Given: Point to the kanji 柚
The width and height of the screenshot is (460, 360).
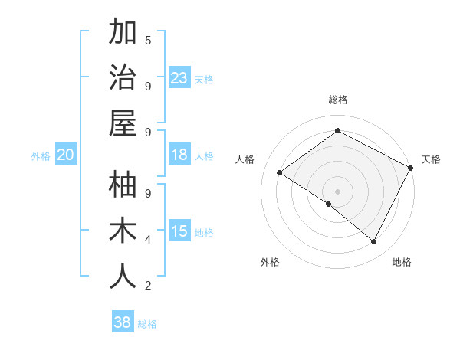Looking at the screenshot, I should click(123, 185).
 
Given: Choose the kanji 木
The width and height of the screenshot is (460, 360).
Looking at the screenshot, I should click(123, 231).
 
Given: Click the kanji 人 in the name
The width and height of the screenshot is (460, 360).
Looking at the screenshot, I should click(123, 277).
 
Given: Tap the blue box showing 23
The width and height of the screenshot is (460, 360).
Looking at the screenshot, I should click(179, 77).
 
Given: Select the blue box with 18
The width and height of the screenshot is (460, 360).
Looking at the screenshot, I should click(179, 155).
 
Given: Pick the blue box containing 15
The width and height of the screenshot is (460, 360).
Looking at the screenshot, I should click(179, 232).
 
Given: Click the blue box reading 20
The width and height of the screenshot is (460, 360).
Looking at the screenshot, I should click(65, 155).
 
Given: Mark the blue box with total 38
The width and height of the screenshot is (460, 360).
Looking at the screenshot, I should click(123, 323).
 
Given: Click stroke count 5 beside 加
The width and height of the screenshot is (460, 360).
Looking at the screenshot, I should click(148, 40).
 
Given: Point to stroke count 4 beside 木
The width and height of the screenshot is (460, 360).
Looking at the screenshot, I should click(148, 240).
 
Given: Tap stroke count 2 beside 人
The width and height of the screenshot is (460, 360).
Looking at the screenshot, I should click(148, 286).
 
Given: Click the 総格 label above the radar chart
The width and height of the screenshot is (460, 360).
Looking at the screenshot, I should click(338, 100).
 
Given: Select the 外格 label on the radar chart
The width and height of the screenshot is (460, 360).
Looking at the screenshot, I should click(270, 262).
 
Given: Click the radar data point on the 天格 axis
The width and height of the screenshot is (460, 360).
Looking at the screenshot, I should click(411, 169).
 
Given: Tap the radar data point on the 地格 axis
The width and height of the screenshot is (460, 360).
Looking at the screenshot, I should click(374, 241).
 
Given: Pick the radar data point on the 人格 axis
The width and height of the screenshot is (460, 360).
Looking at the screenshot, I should click(280, 173).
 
